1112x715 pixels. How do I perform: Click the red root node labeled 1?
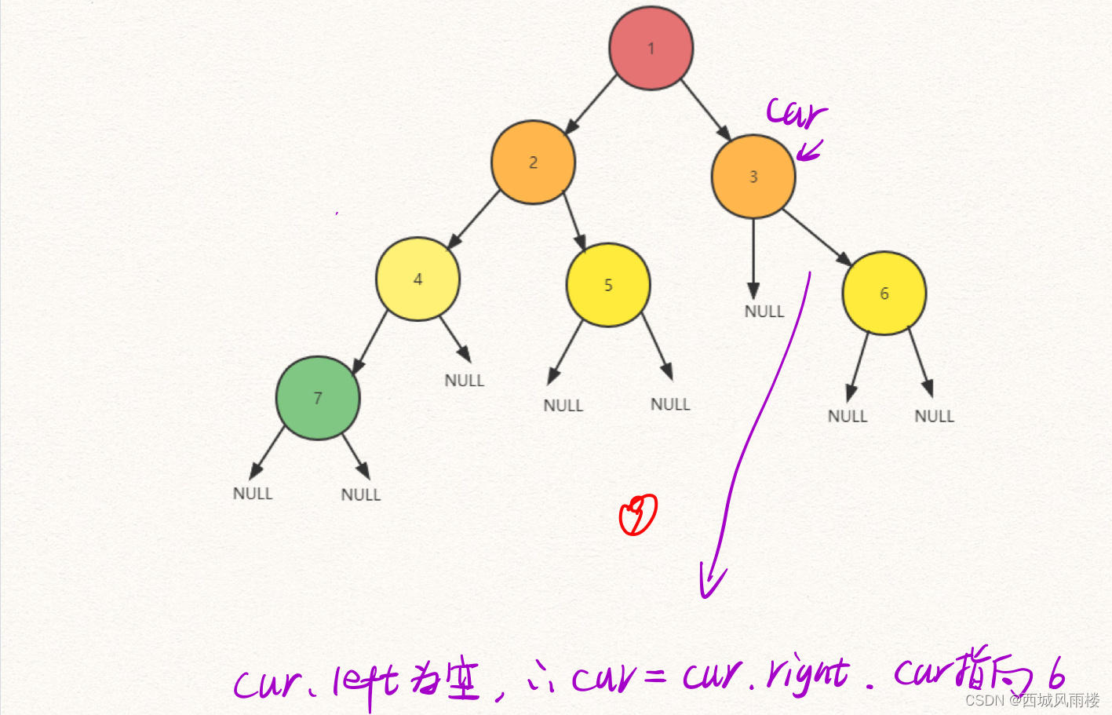[x=651, y=48]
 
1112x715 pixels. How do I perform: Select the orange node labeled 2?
[x=533, y=162]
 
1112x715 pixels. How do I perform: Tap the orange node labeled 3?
[x=753, y=177]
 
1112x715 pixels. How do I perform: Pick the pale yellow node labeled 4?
[x=417, y=279]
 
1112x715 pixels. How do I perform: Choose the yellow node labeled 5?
[x=607, y=285]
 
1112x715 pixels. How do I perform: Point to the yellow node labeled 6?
[x=884, y=293]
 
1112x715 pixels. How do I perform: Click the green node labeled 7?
[x=318, y=398]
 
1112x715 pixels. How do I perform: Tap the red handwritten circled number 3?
[x=638, y=515]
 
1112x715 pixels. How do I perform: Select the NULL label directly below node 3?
[x=764, y=312]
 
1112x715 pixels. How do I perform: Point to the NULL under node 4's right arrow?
[x=464, y=381]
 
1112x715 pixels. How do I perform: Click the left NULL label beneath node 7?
[x=253, y=494]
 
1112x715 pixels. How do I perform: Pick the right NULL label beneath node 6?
[x=934, y=416]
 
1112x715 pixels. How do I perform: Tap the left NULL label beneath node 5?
[x=563, y=406]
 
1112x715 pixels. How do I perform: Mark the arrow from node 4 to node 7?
[x=370, y=342]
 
